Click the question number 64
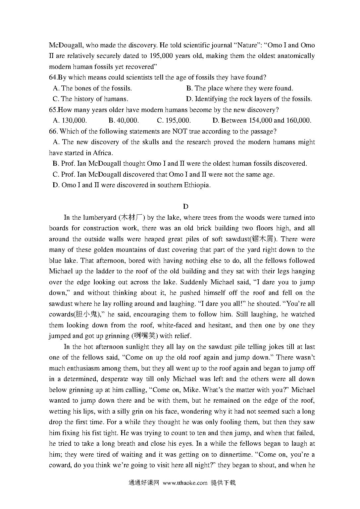[x=53, y=78]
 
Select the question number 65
[x=53, y=110]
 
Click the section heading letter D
[x=185, y=206]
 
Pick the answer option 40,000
[x=127, y=121]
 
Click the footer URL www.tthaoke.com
[x=185, y=483]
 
